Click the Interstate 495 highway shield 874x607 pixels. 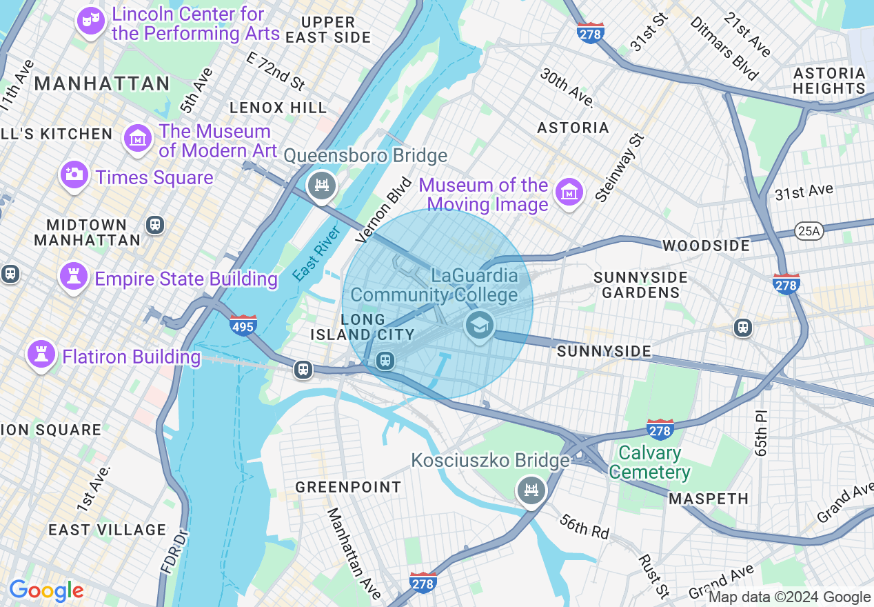pyautogui.click(x=243, y=325)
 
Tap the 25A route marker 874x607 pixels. pyautogui.click(x=808, y=231)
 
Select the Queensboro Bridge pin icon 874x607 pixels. pyautogui.click(x=321, y=186)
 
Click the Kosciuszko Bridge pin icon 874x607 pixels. pyautogui.click(x=531, y=490)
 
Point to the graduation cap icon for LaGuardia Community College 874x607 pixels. pyautogui.click(x=480, y=324)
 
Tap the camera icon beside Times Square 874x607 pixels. pyautogui.click(x=74, y=174)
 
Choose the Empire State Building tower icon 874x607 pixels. pyautogui.click(x=72, y=276)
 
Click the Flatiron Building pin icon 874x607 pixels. pyautogui.click(x=41, y=355)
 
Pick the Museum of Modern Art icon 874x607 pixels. pyautogui.click(x=137, y=138)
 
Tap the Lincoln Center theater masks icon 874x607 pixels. pyautogui.click(x=90, y=21)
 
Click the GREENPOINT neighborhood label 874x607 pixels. pyautogui.click(x=348, y=487)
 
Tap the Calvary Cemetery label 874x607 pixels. pyautogui.click(x=649, y=463)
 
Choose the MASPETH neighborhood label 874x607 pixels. pyautogui.click(x=709, y=499)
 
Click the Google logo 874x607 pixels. pyautogui.click(x=46, y=591)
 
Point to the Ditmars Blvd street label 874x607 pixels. pyautogui.click(x=724, y=48)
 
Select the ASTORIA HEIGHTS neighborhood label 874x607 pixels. pyautogui.click(x=829, y=81)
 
